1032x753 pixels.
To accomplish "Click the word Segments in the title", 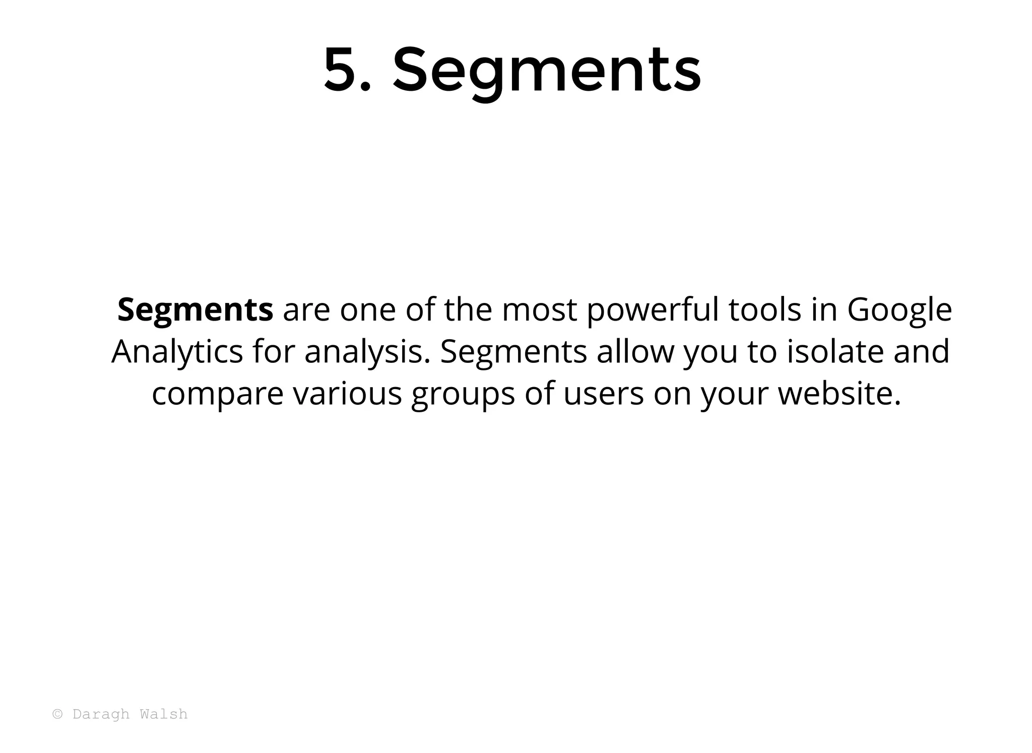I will [x=546, y=71].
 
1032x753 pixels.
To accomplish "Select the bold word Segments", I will [x=195, y=309].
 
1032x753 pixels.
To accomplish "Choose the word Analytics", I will [x=177, y=352].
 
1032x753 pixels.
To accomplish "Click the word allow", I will [x=635, y=351].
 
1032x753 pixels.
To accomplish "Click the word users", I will [x=603, y=394].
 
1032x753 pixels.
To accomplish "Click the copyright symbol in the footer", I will [x=58, y=714].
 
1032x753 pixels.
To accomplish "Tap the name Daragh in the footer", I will [x=101, y=715].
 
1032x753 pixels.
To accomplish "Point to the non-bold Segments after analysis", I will [x=513, y=352].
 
